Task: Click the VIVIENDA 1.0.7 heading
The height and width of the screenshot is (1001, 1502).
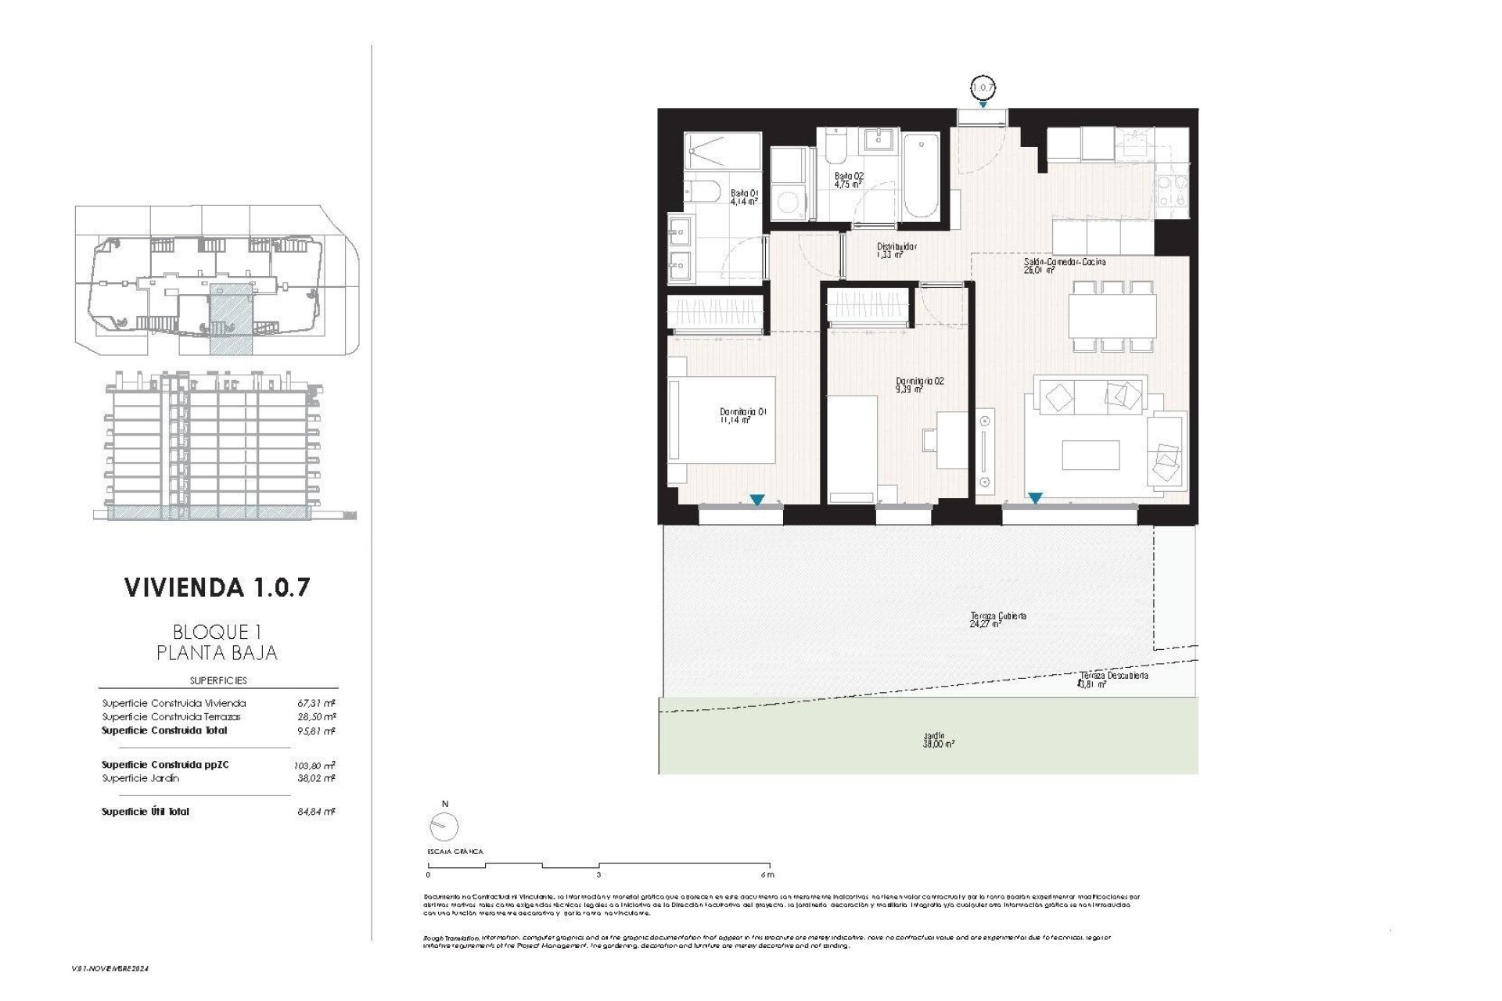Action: (x=217, y=588)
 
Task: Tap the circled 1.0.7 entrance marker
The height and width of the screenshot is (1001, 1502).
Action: (x=983, y=88)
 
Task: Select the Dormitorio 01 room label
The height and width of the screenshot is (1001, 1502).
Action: (x=742, y=415)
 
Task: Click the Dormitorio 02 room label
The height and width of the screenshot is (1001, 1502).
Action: (x=919, y=384)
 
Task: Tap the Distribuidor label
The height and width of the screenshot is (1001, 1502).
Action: (x=896, y=249)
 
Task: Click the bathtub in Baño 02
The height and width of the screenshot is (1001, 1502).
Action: (x=920, y=176)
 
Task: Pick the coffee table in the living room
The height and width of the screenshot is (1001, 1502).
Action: (x=1090, y=455)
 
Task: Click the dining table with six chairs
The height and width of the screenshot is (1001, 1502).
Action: (x=1112, y=316)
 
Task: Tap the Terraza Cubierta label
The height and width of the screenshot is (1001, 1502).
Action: (x=997, y=619)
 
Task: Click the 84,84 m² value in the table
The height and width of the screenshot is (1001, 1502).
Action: (x=315, y=812)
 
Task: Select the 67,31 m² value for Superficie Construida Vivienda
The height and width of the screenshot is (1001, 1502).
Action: (x=315, y=703)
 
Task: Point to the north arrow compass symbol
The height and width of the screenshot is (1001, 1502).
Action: (x=444, y=826)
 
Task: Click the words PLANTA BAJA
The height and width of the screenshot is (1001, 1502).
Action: (x=217, y=652)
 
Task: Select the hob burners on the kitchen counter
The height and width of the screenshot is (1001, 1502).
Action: (x=1171, y=191)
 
